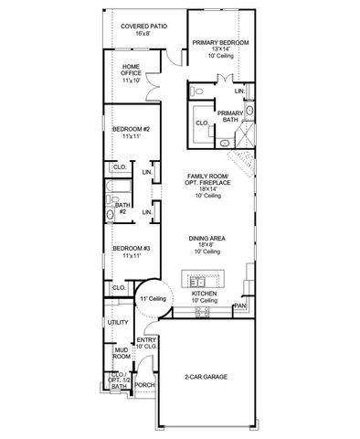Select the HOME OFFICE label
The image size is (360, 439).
point(131,73)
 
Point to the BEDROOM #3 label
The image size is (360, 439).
point(131,249)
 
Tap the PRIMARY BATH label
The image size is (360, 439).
point(228,117)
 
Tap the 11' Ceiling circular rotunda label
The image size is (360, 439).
point(152,299)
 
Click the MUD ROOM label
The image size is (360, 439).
point(121,354)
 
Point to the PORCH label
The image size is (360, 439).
point(144,385)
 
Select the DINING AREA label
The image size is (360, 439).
point(206,239)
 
